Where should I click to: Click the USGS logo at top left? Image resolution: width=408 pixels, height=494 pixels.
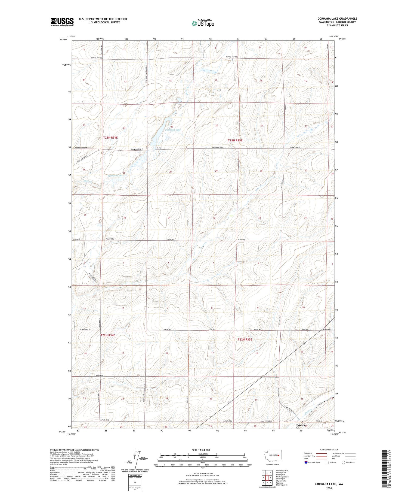click(62, 22)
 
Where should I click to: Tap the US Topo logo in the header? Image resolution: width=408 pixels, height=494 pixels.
click(203, 23)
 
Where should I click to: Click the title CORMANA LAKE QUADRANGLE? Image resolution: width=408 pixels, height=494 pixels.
click(337, 19)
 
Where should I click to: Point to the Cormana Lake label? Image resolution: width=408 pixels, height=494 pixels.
click(173, 130)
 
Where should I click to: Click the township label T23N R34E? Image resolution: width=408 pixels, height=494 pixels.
click(110, 138)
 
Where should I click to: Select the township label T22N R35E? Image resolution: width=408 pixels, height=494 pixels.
click(245, 340)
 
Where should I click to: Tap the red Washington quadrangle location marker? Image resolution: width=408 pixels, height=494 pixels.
click(279, 455)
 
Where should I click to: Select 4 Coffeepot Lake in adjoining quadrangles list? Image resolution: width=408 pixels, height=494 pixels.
click(282, 477)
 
